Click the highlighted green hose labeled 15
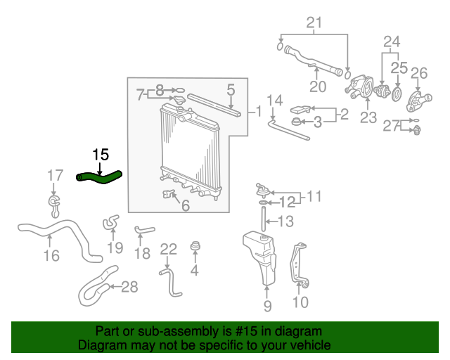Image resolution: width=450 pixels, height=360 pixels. [100, 177]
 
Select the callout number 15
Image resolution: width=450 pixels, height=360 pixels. [101, 155]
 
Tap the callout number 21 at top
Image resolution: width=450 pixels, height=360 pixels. [314, 22]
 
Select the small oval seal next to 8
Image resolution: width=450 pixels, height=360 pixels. [179, 91]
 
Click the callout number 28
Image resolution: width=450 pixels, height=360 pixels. [129, 286]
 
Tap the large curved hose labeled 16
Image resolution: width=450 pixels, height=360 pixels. [60, 238]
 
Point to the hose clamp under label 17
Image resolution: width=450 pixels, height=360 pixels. [54, 206]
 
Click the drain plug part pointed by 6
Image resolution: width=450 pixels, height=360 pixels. [169, 194]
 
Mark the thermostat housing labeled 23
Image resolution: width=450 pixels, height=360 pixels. [359, 86]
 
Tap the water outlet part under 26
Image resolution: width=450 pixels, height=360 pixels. [418, 101]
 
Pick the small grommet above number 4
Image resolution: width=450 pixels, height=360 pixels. [195, 245]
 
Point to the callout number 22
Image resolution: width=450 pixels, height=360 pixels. [168, 249]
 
